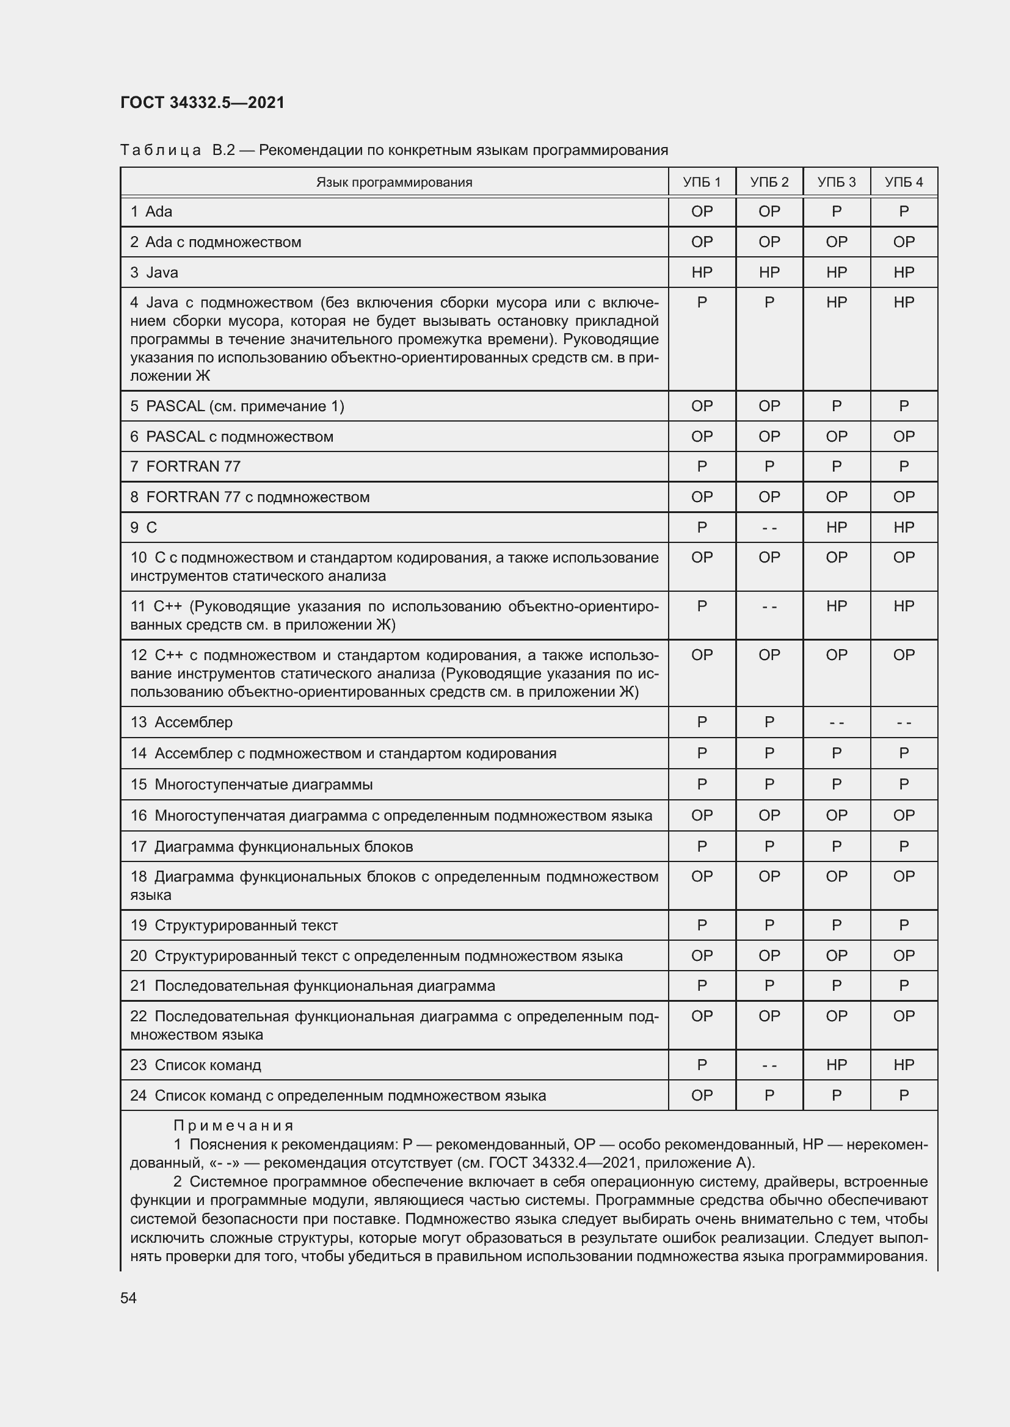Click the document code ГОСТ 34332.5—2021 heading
coord(202,102)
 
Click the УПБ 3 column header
coord(836,182)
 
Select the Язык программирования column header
coord(394,182)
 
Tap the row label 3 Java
coord(154,272)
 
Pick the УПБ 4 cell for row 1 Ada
coord(903,212)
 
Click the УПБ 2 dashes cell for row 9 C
coord(769,528)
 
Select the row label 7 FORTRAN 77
coord(186,466)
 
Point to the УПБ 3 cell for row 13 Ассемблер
coord(836,722)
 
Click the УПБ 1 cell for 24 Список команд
coord(702,1095)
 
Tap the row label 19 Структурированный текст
coord(234,926)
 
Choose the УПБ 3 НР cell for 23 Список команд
coord(836,1065)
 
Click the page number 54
coord(128,1298)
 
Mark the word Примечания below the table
coord(233,1126)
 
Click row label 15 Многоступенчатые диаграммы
coord(251,785)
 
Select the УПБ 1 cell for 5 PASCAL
coord(702,406)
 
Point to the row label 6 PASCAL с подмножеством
coord(231,436)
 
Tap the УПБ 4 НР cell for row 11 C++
coord(903,606)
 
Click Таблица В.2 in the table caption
coord(177,150)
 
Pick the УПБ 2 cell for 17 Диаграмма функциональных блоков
coord(769,847)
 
